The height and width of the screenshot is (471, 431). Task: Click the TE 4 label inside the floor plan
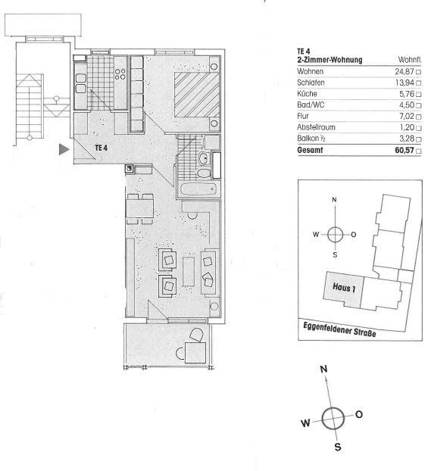(102, 148)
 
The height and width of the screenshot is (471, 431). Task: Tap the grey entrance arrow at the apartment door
(64, 149)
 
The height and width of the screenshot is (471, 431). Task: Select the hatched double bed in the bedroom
(197, 95)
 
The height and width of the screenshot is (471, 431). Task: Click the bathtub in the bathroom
(198, 189)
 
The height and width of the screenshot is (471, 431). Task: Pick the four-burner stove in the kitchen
(120, 74)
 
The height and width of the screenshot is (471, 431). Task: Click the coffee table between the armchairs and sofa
(189, 271)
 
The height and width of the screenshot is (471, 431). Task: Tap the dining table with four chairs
(140, 208)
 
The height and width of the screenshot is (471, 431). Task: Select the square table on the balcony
(195, 353)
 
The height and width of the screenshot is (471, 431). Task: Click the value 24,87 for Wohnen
(404, 71)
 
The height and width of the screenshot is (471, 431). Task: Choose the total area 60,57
(404, 150)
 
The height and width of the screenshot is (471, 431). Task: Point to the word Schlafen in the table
(311, 83)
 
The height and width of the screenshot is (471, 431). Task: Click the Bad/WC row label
(311, 104)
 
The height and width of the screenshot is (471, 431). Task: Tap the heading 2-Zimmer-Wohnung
(329, 60)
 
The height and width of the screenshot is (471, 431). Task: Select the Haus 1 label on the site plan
(344, 288)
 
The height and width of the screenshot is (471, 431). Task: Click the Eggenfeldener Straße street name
(339, 329)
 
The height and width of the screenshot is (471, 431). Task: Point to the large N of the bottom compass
(323, 369)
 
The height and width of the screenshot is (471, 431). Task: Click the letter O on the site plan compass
(354, 235)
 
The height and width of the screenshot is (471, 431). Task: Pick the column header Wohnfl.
(410, 60)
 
